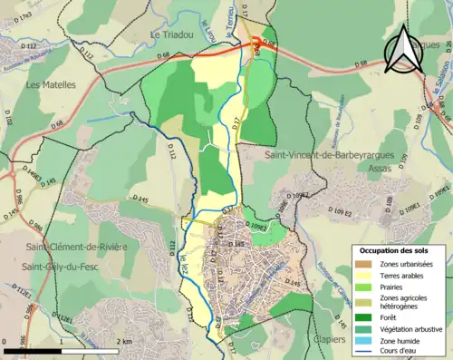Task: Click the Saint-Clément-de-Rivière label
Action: pos(76,247)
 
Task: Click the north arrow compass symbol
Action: pos(402,52)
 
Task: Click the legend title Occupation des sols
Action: pos(396,249)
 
